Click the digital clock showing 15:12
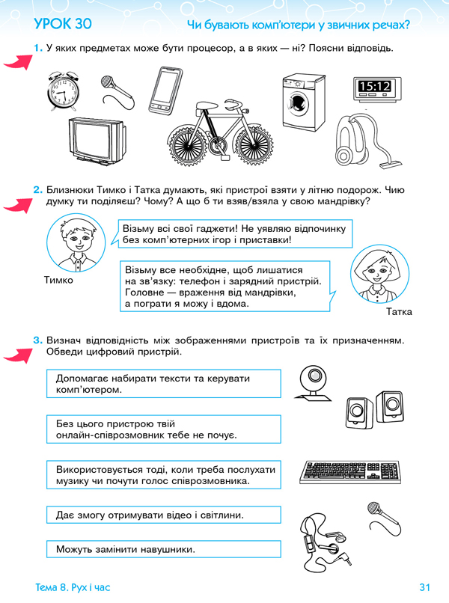pyautogui.click(x=374, y=87)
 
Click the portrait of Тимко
pyautogui.click(x=73, y=241)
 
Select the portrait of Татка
pyautogui.click(x=380, y=274)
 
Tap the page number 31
pyautogui.click(x=427, y=587)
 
